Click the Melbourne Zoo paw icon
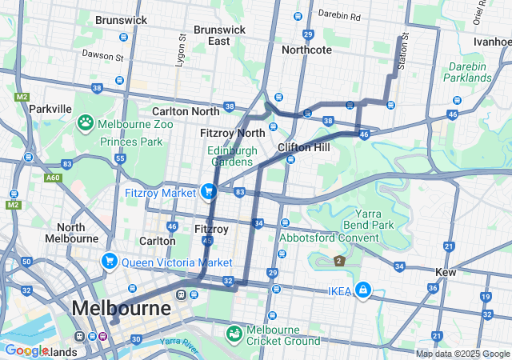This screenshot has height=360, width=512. (x=85, y=123)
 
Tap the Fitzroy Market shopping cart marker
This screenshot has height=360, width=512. (x=208, y=191)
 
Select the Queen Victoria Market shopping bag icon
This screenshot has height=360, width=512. (x=110, y=261)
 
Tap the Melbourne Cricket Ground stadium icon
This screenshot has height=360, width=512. (x=234, y=332)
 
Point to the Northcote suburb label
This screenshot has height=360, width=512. (x=306, y=50)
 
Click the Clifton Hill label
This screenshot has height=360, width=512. (x=304, y=148)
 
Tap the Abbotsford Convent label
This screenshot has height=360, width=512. (x=329, y=238)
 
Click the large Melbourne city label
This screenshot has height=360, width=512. (x=121, y=308)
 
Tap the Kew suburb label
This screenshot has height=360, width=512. (x=445, y=272)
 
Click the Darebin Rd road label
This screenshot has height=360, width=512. (x=339, y=15)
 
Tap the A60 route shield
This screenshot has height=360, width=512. (x=53, y=178)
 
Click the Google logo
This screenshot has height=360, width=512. (x=26, y=350)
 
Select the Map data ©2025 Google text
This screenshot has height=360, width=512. (x=462, y=354)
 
